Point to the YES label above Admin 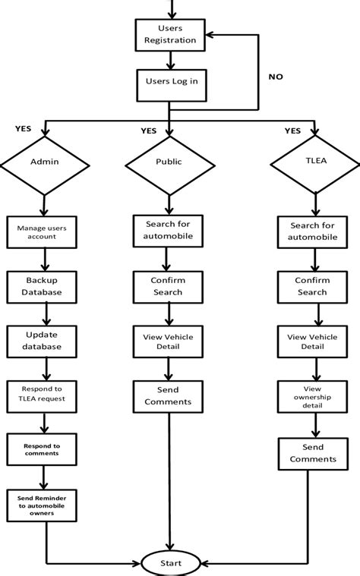(24, 128)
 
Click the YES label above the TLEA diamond (292, 130)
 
